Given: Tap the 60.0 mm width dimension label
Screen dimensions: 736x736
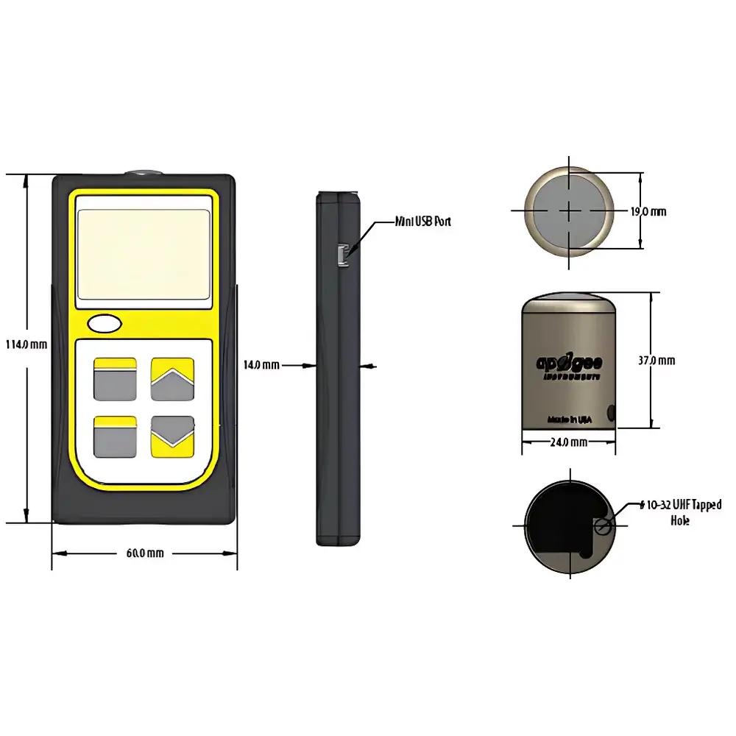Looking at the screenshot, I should [144, 553].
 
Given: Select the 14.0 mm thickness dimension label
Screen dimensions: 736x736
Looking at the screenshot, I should [261, 364].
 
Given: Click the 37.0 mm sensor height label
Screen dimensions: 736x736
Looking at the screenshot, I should [656, 361].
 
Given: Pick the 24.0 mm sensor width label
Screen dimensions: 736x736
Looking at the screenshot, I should [568, 442].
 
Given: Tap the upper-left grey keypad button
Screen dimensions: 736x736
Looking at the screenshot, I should [114, 379].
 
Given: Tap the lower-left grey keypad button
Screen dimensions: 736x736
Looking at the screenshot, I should [114, 437].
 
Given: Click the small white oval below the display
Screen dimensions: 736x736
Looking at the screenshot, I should [104, 323].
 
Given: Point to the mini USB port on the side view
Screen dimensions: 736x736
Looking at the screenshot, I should [341, 254].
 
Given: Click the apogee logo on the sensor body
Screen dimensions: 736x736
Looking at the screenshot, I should [569, 363].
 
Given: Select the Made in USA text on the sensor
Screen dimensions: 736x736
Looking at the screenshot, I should [569, 419].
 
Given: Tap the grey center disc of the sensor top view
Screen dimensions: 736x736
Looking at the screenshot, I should [569, 210].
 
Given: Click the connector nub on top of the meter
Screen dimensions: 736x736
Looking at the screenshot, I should [144, 172].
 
